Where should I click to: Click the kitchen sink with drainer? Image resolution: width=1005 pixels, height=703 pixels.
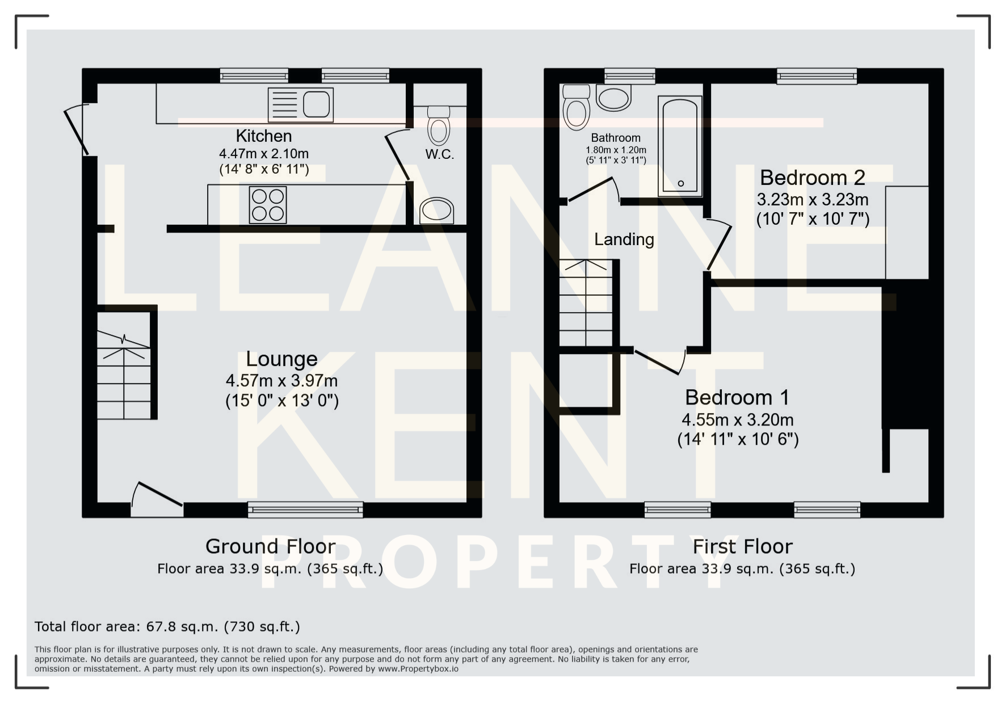click(300, 104)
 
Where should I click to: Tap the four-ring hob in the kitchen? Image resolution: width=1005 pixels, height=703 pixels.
click(268, 205)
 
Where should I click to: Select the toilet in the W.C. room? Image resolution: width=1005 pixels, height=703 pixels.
click(438, 125)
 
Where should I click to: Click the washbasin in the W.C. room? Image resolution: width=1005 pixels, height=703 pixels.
click(436, 210)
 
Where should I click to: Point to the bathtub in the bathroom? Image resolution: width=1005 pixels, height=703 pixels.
click(680, 146)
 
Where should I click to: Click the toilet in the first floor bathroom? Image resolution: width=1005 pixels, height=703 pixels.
click(576, 108)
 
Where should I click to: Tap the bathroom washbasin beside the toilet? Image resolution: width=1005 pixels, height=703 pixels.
click(613, 98)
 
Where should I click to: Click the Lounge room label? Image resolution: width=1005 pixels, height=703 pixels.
click(281, 359)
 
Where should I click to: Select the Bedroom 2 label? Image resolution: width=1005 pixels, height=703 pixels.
click(813, 178)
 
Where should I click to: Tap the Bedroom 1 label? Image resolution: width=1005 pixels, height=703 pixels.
click(737, 397)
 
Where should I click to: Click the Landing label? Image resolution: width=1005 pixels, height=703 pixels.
click(624, 239)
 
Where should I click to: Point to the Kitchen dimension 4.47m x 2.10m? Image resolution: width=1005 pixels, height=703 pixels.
click(264, 153)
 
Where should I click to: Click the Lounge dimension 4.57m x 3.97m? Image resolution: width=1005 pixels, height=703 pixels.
click(281, 380)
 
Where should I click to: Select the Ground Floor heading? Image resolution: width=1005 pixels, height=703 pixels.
click(270, 546)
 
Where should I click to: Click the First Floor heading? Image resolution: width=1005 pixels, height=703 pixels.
click(742, 546)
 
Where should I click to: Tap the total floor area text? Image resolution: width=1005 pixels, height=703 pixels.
click(167, 626)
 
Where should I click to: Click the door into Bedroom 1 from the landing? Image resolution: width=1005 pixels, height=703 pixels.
click(660, 361)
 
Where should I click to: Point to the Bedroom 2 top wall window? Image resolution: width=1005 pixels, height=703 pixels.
click(817, 76)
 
